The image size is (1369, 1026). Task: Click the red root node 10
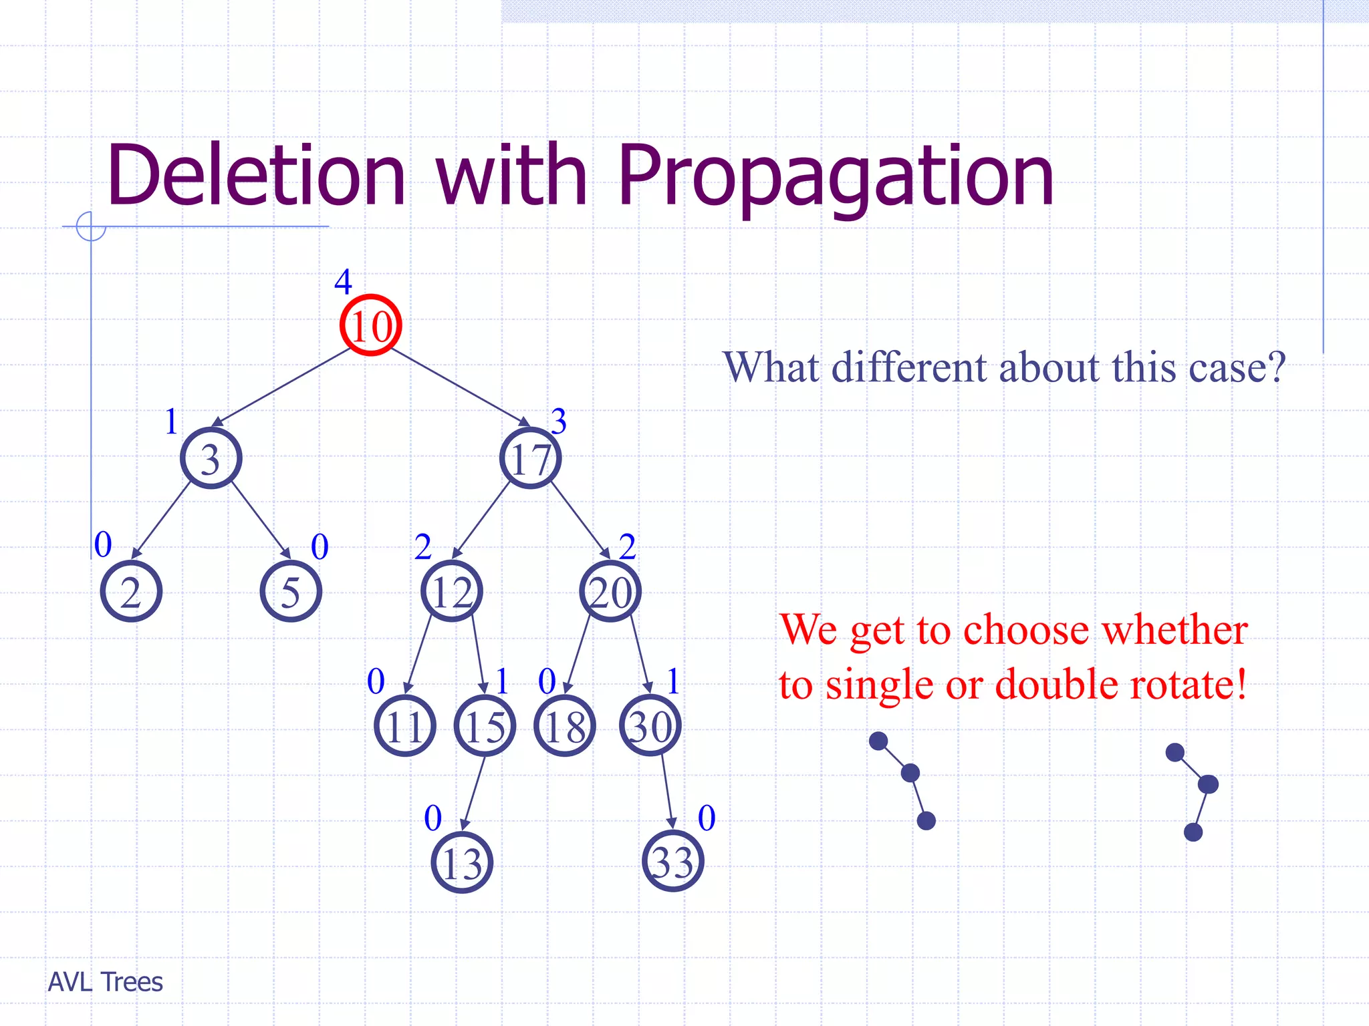pos(370,325)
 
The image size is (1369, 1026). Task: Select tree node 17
pos(530,458)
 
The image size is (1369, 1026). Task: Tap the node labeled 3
pos(211,458)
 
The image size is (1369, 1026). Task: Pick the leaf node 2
pos(131,592)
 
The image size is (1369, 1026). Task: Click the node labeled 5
pos(291,592)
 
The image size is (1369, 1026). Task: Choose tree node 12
pos(452,592)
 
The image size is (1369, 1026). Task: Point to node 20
pos(610,592)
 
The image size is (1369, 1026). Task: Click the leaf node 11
pos(405,726)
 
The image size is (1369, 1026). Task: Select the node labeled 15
pos(485,726)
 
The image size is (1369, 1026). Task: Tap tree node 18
pos(565,726)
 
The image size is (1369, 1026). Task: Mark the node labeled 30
pos(650,726)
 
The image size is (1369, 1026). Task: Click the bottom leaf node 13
pos(462,862)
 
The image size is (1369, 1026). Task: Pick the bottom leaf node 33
pos(672,861)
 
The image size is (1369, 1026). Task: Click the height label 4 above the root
pos(343,282)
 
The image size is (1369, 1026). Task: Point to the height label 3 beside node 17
pos(559,421)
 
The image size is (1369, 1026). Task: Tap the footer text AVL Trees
pos(106,982)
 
